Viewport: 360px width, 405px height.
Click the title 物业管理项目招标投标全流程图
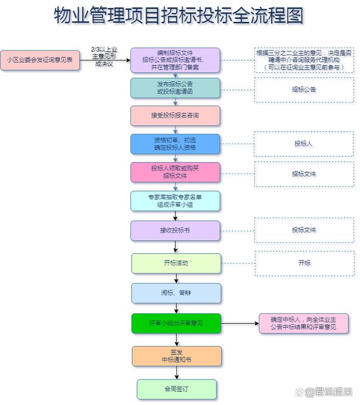178,16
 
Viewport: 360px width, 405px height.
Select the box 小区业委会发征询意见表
40,60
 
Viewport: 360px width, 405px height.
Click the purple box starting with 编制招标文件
175,60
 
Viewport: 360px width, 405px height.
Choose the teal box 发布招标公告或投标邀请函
175,88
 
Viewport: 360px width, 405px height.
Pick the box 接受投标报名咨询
175,115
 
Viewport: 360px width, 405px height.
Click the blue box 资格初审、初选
175,143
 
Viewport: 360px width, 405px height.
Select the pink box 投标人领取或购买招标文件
175,172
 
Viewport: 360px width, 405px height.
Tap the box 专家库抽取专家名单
175,201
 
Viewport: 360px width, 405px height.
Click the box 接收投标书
175,230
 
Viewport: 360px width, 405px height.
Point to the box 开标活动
176,263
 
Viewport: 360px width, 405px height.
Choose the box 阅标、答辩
176,293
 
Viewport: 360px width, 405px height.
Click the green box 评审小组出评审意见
176,323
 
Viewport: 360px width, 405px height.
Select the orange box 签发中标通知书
177,355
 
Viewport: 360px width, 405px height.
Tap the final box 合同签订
177,389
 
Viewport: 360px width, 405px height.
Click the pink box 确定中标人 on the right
304,323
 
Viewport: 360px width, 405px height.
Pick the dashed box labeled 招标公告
304,89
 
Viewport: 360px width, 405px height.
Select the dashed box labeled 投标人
304,144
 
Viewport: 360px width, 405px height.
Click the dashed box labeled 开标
304,263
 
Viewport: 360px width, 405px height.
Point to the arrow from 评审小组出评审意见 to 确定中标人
239,323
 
